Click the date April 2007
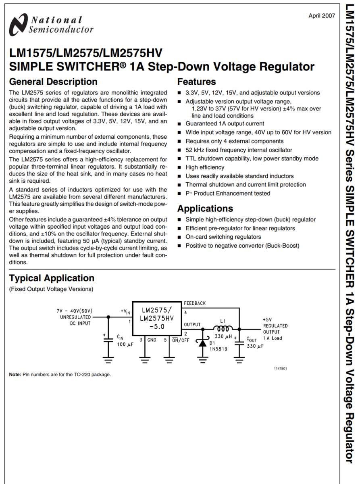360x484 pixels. tap(321, 16)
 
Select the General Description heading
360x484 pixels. tap(53, 81)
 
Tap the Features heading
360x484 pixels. tap(196, 81)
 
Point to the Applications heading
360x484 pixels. tap(205, 209)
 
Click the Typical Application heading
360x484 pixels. tap(52, 278)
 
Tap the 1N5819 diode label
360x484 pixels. tap(218, 349)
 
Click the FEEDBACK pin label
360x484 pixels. tap(195, 303)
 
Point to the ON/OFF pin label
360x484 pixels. tap(181, 340)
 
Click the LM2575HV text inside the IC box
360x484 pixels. tap(156, 318)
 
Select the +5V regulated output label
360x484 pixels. tap(267, 319)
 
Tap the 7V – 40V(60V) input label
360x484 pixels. tap(75, 311)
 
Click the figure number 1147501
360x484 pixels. tap(281, 369)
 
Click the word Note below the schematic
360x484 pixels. tap(15, 374)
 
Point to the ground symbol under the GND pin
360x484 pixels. tap(145, 359)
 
